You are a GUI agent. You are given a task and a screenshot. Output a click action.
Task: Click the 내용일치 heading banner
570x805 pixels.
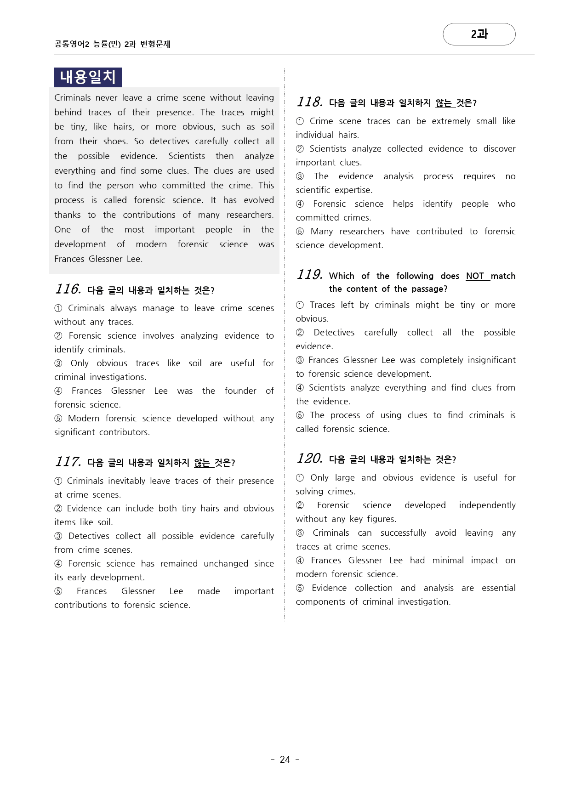88,77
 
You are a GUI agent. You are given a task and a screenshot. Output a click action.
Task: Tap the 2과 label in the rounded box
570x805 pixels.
479,34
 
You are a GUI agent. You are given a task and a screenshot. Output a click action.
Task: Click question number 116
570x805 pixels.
68,289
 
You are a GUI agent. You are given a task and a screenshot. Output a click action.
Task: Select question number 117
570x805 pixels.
68,461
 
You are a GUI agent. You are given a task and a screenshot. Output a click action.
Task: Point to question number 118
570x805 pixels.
309,102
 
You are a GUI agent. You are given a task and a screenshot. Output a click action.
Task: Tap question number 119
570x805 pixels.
309,275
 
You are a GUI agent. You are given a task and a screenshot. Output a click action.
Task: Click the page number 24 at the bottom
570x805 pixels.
285,760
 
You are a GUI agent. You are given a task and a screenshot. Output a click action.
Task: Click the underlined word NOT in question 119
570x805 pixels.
475,276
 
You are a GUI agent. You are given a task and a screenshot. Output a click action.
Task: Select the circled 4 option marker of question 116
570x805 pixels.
58,391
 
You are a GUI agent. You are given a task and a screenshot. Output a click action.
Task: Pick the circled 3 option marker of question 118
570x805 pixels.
300,176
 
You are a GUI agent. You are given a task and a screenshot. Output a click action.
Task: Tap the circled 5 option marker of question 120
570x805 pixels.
300,588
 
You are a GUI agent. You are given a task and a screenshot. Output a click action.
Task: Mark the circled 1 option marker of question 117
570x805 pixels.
58,481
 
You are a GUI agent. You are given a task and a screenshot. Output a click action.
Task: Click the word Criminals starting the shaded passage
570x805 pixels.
73,97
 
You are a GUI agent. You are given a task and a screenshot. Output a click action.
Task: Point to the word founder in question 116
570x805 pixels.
240,391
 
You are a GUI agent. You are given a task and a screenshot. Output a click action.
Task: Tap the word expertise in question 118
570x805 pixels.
353,190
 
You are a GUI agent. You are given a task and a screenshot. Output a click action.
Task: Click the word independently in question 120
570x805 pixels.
487,505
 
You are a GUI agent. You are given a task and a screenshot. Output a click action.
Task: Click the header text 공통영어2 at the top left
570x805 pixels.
72,44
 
